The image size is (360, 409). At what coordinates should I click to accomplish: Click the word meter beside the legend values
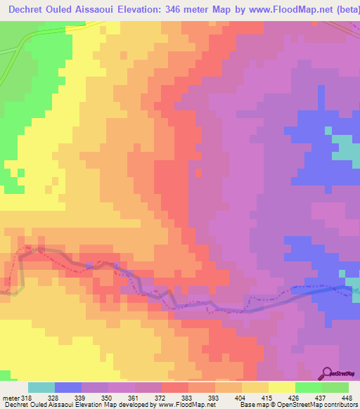coord(10,397)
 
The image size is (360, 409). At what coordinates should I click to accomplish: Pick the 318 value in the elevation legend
coord(27,397)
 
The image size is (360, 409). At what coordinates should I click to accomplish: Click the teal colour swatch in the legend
coord(41,387)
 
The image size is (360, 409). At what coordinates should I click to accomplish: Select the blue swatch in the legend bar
coord(68,387)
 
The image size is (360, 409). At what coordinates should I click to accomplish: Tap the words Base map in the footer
coord(252,405)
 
